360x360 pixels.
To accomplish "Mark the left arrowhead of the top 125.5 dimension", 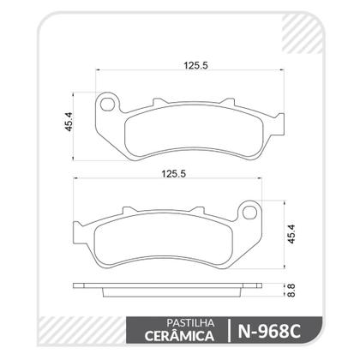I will point(98,71).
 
